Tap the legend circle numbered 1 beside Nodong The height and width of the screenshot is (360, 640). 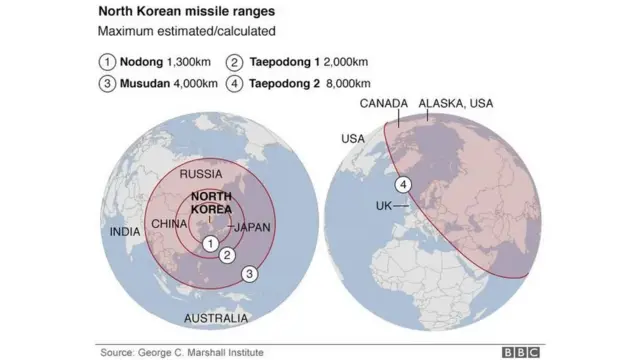106,61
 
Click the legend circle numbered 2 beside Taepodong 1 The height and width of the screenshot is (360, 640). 233,61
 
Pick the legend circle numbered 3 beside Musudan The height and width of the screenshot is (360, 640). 106,83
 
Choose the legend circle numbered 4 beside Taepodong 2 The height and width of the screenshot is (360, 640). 233,83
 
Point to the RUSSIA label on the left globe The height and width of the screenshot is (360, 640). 201,174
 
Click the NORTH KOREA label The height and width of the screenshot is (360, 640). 211,203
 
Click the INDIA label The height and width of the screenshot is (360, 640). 125,232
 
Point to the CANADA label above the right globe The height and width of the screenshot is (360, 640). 384,104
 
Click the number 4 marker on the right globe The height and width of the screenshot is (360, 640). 403,184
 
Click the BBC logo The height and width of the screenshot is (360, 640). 521,352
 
